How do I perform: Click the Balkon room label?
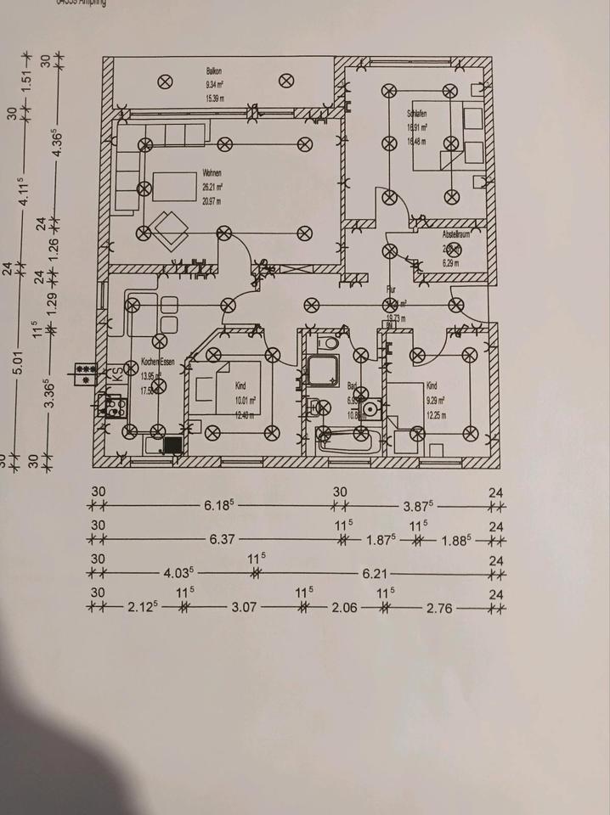213,72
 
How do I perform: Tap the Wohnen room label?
212,173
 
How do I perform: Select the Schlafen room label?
416,113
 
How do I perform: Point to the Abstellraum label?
456,233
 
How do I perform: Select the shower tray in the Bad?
325,372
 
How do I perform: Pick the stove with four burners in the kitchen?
114,406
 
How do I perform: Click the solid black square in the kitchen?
173,443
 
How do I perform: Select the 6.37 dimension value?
222,539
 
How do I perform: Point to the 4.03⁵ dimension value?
178,574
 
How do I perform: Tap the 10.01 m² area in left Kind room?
246,400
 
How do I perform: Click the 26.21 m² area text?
212,187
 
